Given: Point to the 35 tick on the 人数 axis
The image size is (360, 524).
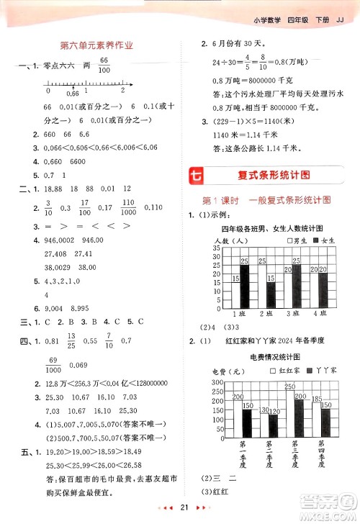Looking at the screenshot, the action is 215,248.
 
